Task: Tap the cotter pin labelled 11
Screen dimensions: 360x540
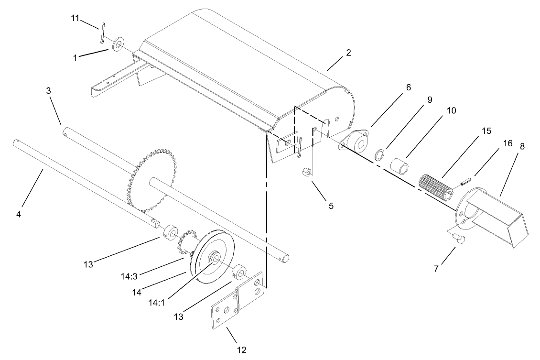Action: click(x=102, y=35)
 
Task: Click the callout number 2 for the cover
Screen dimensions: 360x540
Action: click(x=348, y=53)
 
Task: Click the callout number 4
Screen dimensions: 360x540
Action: click(x=19, y=215)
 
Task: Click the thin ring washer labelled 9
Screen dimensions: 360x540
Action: click(x=381, y=154)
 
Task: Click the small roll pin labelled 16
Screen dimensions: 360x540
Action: click(x=466, y=181)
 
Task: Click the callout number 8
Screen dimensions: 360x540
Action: click(x=521, y=147)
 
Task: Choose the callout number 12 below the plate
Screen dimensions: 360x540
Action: click(x=241, y=349)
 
